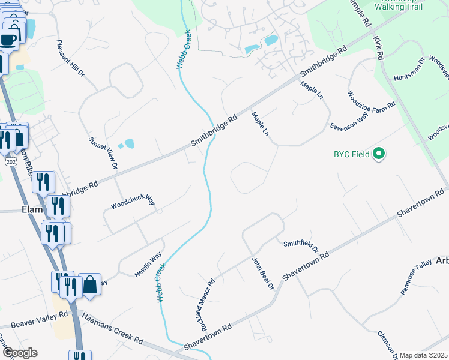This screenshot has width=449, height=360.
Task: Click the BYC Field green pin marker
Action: (378, 154)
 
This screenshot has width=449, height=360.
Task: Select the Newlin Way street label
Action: (148, 265)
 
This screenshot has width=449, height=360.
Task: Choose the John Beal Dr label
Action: (263, 275)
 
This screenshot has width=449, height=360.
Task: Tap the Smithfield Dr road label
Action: (301, 245)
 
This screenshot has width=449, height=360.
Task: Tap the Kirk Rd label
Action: (378, 47)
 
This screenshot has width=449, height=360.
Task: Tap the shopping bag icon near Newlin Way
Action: (90, 284)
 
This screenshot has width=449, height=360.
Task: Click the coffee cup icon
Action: (8, 40)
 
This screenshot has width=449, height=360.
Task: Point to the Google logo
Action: (19, 353)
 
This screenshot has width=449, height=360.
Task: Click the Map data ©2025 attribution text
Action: (423, 355)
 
